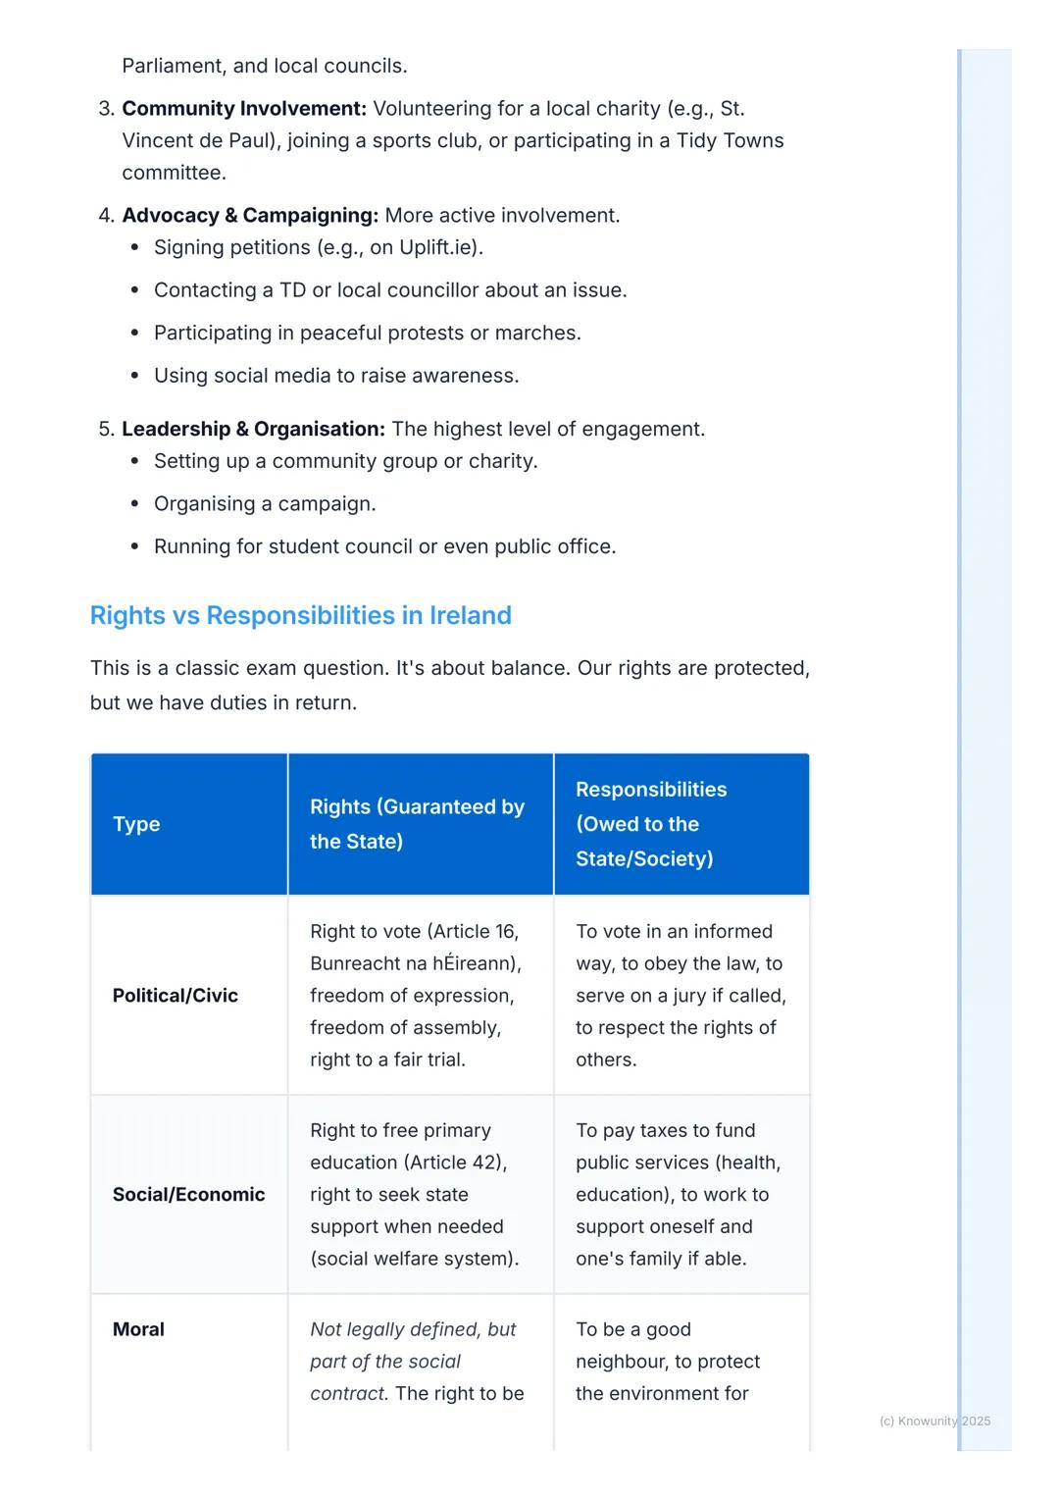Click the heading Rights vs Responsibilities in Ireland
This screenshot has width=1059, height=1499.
click(300, 615)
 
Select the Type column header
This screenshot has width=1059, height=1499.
click(136, 824)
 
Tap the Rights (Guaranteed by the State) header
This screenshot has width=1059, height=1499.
click(417, 824)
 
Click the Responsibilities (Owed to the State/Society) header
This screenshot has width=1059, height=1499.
click(651, 824)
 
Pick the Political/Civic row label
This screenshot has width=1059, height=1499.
click(176, 996)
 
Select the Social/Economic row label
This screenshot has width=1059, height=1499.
click(188, 1195)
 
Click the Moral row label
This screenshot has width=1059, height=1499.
click(138, 1329)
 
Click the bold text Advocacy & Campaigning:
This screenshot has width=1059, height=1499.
click(249, 216)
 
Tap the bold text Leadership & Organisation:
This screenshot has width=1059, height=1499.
click(253, 430)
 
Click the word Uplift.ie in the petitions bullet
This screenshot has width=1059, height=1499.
click(438, 247)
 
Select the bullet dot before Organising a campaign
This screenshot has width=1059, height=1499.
click(135, 504)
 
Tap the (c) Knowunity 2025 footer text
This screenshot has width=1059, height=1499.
click(934, 1421)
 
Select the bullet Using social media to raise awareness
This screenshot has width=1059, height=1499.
click(336, 376)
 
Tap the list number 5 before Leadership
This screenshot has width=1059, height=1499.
click(106, 430)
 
